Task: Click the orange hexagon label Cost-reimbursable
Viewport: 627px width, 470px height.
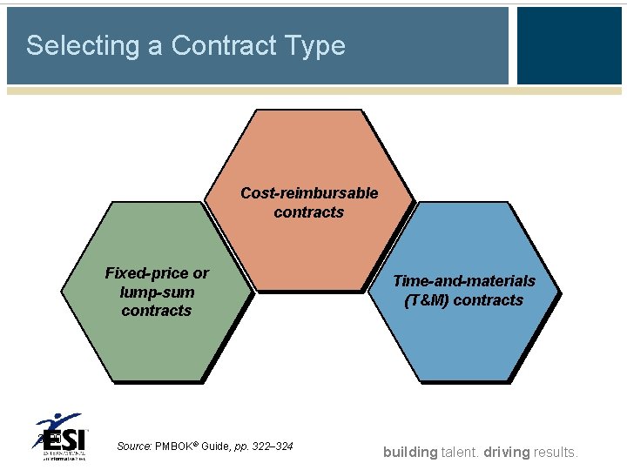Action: (x=309, y=192)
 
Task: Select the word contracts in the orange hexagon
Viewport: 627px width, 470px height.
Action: (x=309, y=211)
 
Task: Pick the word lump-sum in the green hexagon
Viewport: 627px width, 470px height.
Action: (x=157, y=292)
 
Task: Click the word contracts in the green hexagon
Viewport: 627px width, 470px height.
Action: (x=157, y=311)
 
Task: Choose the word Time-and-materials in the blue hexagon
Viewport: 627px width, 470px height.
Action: (x=463, y=280)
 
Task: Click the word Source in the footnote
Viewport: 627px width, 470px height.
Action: (x=134, y=446)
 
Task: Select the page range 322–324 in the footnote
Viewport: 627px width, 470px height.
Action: (x=273, y=446)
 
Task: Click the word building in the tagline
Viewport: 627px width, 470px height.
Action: (x=410, y=452)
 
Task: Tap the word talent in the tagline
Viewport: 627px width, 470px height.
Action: (x=462, y=452)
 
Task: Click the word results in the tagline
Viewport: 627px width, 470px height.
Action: (x=557, y=452)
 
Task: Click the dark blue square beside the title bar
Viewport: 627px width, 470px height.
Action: (x=569, y=45)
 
